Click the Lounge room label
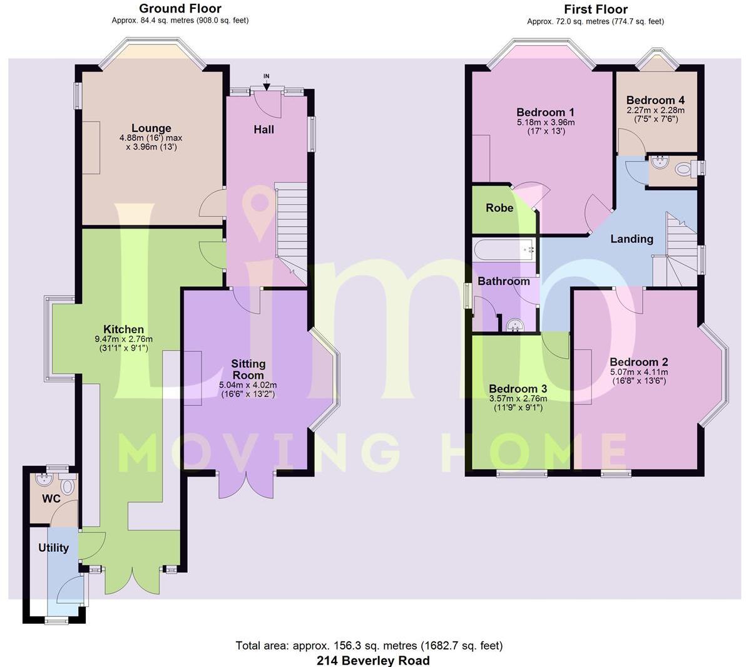point(151,128)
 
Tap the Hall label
point(263,130)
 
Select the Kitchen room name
point(123,329)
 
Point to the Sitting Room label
point(248,370)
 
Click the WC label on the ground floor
point(51,499)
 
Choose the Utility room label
point(53,548)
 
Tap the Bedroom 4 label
point(655,100)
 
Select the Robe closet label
point(499,208)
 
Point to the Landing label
point(631,239)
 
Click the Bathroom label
point(504,281)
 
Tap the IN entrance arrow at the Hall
point(266,81)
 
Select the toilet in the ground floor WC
point(68,487)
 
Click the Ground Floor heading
point(180,9)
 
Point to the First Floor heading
point(595,9)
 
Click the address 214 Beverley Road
point(373,660)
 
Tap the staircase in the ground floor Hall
point(291,225)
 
